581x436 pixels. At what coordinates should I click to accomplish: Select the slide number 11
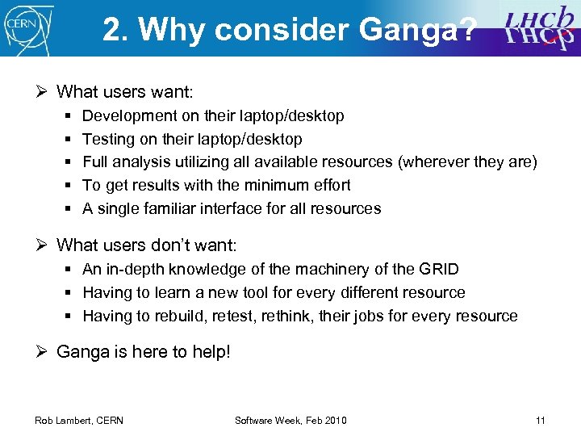point(540,420)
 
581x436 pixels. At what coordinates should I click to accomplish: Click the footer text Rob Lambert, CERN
point(79,420)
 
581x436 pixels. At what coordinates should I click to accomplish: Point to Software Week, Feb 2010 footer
point(290,420)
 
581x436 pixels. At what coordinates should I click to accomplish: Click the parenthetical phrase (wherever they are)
point(466,162)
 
